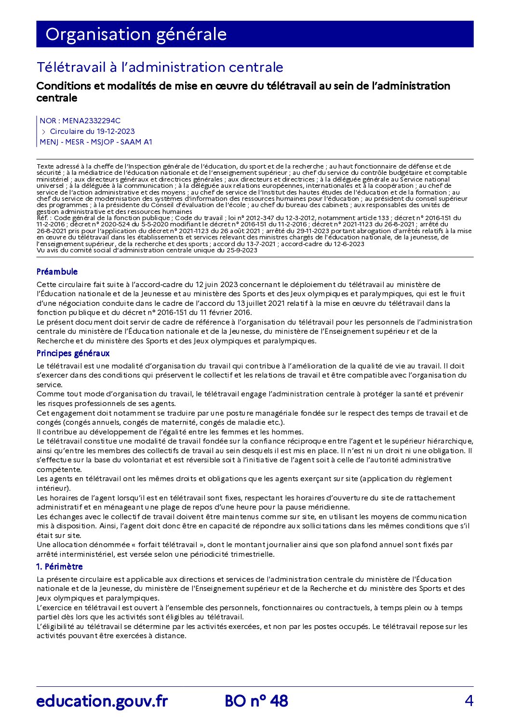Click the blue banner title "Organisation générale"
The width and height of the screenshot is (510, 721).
click(136, 34)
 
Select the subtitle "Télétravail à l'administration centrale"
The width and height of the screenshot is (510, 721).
click(160, 67)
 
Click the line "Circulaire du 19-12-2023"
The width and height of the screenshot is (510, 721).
click(92, 131)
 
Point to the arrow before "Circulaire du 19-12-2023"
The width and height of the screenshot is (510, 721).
click(43, 131)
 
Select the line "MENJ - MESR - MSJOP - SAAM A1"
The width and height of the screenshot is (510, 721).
click(96, 142)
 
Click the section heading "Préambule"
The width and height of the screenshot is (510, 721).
click(57, 272)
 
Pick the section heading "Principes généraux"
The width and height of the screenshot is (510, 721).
click(73, 354)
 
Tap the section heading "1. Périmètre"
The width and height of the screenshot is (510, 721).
click(60, 567)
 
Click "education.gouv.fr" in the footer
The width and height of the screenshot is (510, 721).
click(102, 701)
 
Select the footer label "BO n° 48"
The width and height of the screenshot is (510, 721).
click(256, 701)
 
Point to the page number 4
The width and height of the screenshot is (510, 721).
click(469, 701)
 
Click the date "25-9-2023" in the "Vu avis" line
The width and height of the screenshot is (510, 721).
click(242, 250)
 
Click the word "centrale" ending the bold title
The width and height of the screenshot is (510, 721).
click(57, 98)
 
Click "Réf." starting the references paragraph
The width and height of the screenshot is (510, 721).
click(42, 218)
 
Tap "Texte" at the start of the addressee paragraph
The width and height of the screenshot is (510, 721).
click(45, 167)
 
